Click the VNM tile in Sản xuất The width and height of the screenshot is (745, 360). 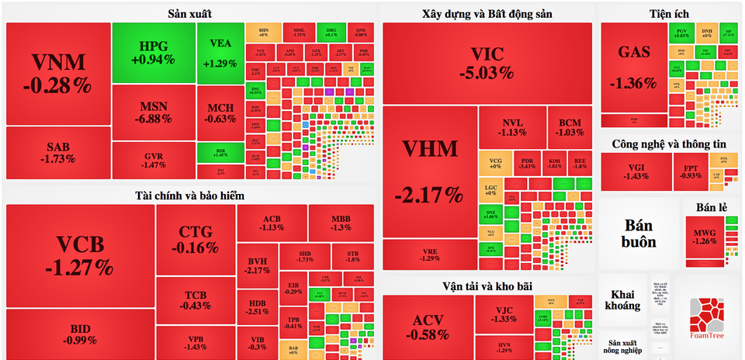pyautogui.click(x=57, y=73)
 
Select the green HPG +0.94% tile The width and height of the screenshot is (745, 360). pyautogui.click(x=153, y=52)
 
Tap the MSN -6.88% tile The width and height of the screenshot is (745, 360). pyautogui.click(x=153, y=112)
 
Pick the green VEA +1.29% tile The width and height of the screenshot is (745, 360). pyautogui.click(x=220, y=52)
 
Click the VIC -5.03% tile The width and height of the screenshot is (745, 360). pyautogui.click(x=487, y=62)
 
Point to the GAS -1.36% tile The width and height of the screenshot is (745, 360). pyautogui.click(x=632, y=68)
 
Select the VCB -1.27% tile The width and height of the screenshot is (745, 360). pyautogui.click(x=79, y=256)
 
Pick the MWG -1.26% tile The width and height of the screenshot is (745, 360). pyautogui.click(x=705, y=233)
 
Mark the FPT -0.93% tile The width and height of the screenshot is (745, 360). pyautogui.click(x=690, y=171)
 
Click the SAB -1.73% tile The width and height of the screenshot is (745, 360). pyautogui.click(x=57, y=153)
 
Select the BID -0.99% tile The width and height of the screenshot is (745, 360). pyautogui.click(x=79, y=334)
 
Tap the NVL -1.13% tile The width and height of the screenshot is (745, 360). pyautogui.click(x=512, y=127)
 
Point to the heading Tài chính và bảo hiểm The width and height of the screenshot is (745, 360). pyautogui.click(x=190, y=196)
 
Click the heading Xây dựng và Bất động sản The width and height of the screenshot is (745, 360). pyautogui.click(x=487, y=13)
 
